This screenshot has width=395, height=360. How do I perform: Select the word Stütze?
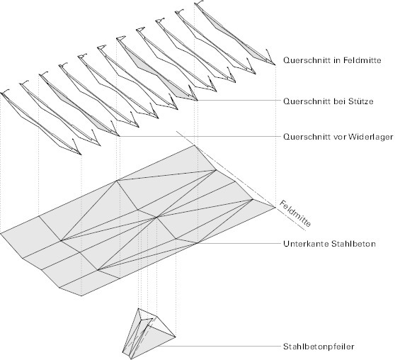(x=361, y=101)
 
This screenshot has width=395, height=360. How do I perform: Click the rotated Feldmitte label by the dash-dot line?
(x=295, y=213)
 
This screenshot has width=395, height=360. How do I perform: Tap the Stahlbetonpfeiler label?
(x=319, y=347)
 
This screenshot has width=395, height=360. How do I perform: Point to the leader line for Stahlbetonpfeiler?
(x=219, y=346)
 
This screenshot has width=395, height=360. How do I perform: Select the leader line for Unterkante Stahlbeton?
(x=239, y=243)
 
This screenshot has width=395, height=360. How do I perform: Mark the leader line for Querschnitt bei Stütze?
(x=239, y=101)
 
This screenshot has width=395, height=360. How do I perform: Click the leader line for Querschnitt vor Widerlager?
(x=200, y=136)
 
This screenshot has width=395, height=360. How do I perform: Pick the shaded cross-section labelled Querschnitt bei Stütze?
(x=157, y=69)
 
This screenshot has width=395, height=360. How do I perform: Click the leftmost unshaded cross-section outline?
(x=41, y=123)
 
